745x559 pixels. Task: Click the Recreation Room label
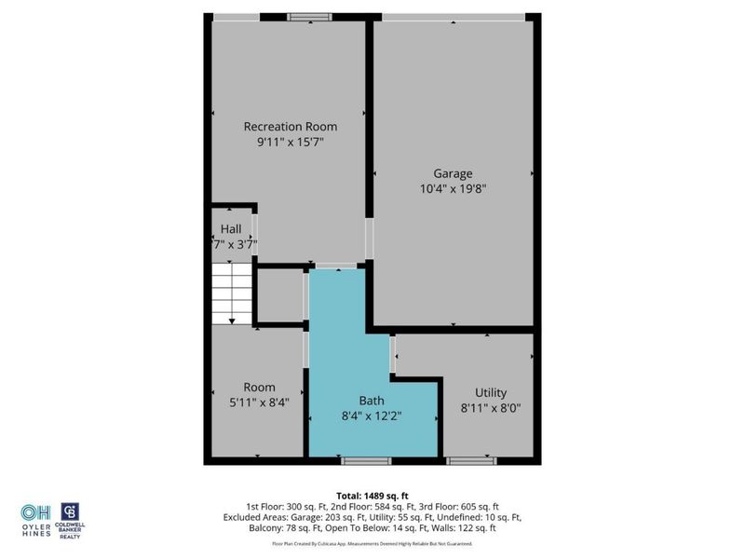tap(290, 127)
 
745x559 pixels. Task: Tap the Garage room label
tap(453, 173)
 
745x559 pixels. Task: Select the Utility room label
tap(491, 393)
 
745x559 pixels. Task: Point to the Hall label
tap(231, 228)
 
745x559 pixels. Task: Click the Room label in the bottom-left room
tap(259, 388)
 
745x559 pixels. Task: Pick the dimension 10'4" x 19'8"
tap(454, 188)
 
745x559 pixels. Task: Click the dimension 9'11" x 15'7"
tap(290, 142)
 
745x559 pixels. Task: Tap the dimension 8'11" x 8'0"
tap(491, 408)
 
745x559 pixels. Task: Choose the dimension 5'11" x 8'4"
tap(259, 402)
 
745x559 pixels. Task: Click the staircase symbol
tap(231, 293)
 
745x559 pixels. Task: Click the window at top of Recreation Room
tap(308, 16)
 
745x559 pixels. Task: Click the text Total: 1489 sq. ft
tap(372, 496)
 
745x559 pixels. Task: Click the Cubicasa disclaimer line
tap(372, 543)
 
